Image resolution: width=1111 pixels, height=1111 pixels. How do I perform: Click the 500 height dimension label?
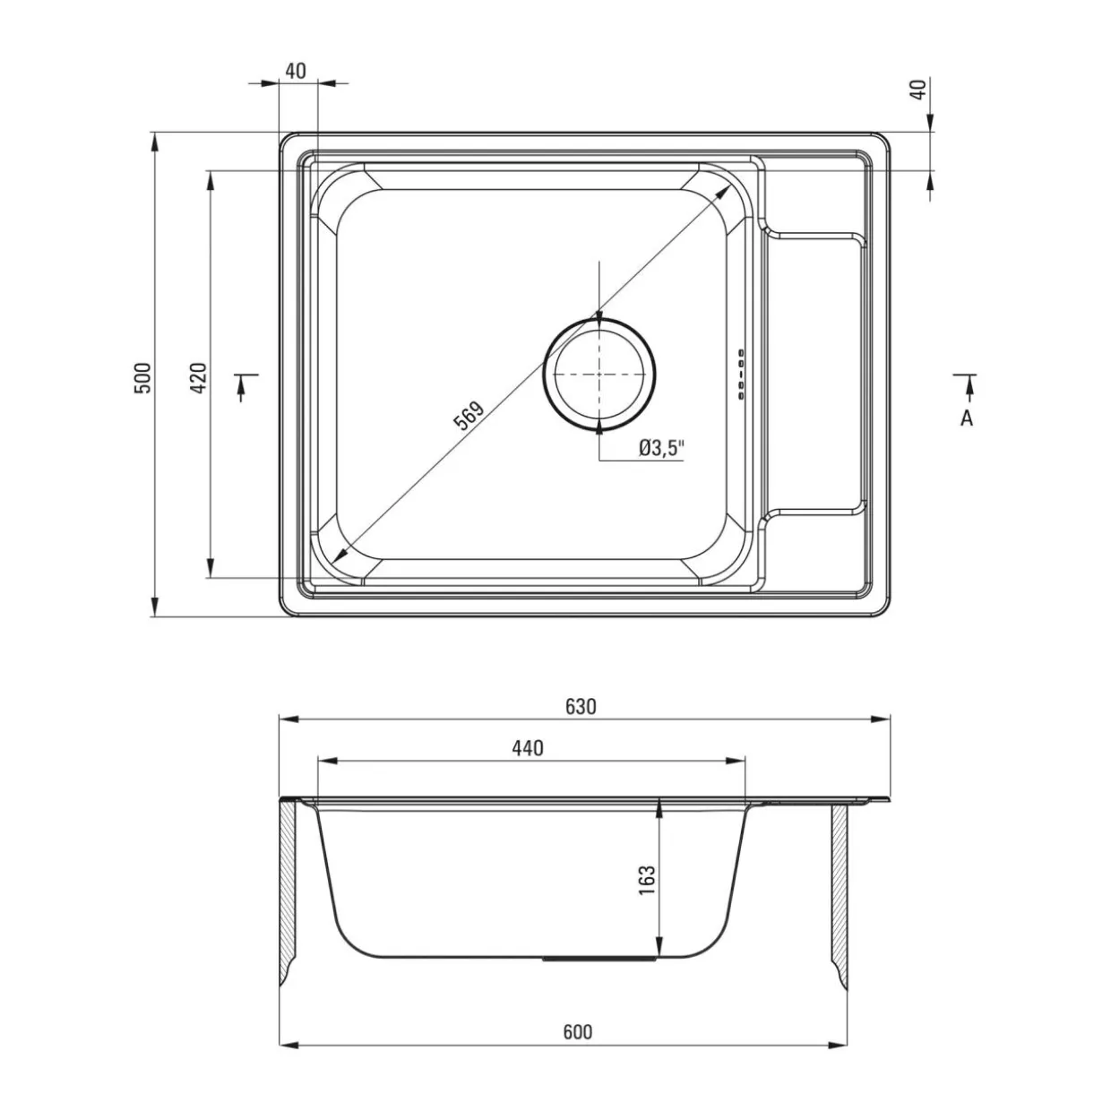point(143,377)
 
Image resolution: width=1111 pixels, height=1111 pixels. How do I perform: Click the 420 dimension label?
point(199,377)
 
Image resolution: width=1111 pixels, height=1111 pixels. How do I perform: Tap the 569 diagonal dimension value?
point(469,415)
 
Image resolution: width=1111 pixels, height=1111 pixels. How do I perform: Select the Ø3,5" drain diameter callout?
point(661,448)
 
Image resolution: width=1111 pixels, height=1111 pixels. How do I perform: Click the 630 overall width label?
point(580,706)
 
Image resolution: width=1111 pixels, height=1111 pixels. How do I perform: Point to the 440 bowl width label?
point(527,748)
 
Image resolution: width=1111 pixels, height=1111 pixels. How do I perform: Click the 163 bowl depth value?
point(648,880)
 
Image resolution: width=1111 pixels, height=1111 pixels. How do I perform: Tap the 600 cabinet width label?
point(577,1031)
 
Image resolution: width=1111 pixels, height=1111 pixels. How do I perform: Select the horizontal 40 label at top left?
point(296,71)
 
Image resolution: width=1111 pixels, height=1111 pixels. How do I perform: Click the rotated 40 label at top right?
point(918,89)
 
